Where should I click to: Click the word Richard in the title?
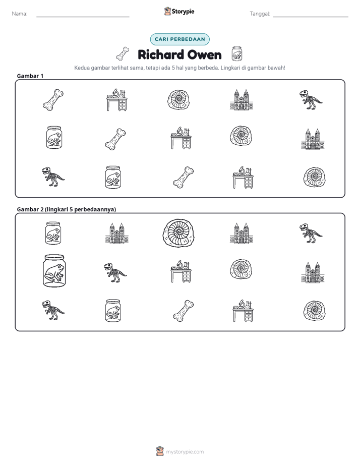(x=161, y=54)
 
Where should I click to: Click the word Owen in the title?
(x=205, y=55)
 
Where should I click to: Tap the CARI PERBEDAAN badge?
(x=179, y=39)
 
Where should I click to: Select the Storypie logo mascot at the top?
(x=167, y=11)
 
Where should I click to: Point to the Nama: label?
(x=20, y=14)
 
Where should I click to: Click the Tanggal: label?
(x=260, y=14)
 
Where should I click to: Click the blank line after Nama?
(x=83, y=17)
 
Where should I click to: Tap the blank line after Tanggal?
(x=311, y=17)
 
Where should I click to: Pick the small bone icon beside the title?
(x=123, y=54)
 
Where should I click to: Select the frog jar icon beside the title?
(x=237, y=53)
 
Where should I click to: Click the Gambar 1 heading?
(x=30, y=76)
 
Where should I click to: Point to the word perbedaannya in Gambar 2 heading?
(x=95, y=209)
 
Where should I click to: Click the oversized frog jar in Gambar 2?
(x=54, y=271)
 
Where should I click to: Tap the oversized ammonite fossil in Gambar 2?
(x=178, y=232)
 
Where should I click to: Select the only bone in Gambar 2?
(x=183, y=311)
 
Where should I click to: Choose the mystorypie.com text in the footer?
(x=185, y=452)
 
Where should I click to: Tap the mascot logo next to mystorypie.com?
(x=160, y=451)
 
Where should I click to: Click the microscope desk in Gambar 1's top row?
(x=117, y=99)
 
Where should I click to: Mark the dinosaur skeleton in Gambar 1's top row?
(x=311, y=99)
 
